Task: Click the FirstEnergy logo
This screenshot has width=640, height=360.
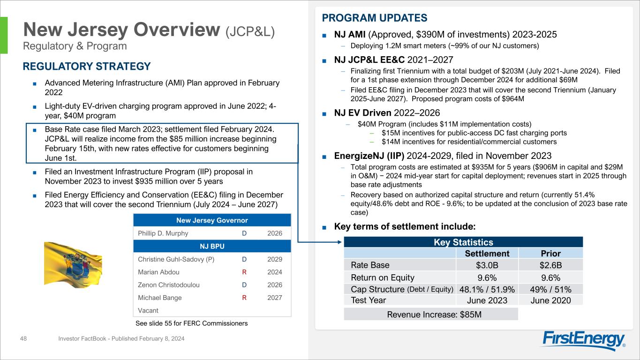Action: pyautogui.click(x=584, y=341)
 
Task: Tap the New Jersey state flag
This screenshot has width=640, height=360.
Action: pyautogui.click(x=73, y=264)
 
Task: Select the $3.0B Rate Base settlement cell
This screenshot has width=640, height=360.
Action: pyautogui.click(x=487, y=265)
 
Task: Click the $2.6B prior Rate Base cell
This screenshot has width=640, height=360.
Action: pyautogui.click(x=550, y=265)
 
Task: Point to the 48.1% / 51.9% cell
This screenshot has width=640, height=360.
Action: pyautogui.click(x=487, y=289)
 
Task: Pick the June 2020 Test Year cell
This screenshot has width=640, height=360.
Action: pyautogui.click(x=550, y=300)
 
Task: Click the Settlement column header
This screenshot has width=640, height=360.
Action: pyautogui.click(x=487, y=254)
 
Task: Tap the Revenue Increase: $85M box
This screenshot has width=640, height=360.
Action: pyautogui.click(x=431, y=314)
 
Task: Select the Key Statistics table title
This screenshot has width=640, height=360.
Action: pyautogui.click(x=463, y=242)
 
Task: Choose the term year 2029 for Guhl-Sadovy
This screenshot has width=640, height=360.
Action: pyautogui.click(x=275, y=259)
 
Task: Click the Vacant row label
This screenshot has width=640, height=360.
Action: pyautogui.click(x=148, y=310)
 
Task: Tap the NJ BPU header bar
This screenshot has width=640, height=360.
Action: pyautogui.click(x=212, y=246)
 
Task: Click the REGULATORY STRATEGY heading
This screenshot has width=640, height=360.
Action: pyautogui.click(x=87, y=66)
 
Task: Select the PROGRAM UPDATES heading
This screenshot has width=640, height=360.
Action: pyautogui.click(x=375, y=18)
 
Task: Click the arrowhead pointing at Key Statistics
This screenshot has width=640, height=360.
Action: pyautogui.click(x=340, y=242)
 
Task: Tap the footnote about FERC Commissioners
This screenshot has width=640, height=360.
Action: pyautogui.click(x=188, y=323)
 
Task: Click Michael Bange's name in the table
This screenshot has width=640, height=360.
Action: pyautogui.click(x=160, y=298)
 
